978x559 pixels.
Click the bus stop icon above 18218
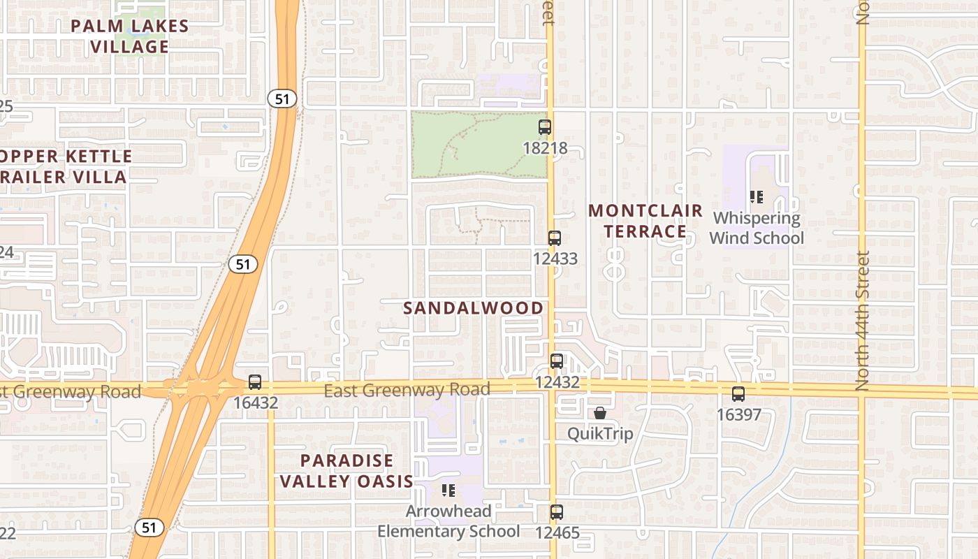coord(545,127)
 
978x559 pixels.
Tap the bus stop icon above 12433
coord(555,238)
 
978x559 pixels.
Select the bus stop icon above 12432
coord(556,361)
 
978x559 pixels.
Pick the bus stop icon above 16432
coord(255,382)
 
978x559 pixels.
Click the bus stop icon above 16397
coord(738,394)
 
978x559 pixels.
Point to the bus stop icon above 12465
coord(556,512)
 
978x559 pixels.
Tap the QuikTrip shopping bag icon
coord(599,413)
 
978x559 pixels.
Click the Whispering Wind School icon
coord(756,197)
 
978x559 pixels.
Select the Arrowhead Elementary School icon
coord(448,491)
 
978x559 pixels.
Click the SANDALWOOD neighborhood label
coord(474,308)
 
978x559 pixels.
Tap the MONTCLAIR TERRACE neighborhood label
coord(645,221)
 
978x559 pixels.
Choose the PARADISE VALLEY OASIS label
coord(346,471)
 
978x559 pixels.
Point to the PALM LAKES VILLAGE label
coord(131,36)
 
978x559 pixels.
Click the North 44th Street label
coord(863,321)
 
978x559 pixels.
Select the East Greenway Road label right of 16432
coord(407,389)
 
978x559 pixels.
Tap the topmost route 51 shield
coord(282,99)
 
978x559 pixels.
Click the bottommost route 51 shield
coord(149,528)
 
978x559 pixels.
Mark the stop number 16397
coord(738,415)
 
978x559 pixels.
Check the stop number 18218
coord(545,148)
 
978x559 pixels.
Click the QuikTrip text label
coord(600,434)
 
